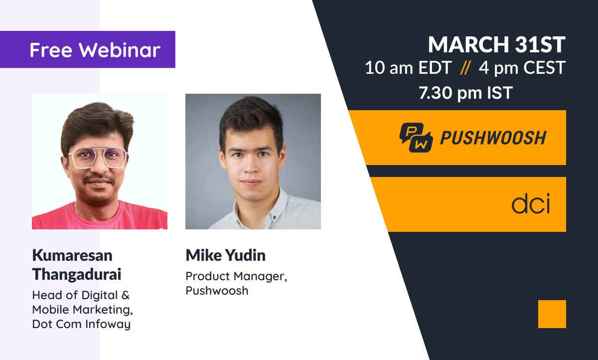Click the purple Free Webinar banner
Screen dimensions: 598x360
88,49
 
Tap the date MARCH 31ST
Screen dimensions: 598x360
497,44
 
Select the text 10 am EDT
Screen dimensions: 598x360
408,68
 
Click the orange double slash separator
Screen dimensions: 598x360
465,68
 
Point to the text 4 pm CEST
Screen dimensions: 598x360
522,68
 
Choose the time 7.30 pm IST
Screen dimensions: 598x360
465,93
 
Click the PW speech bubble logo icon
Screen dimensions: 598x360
416,137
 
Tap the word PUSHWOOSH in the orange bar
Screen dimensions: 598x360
493,138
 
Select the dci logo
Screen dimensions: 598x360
531,203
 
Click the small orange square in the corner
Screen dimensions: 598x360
552,314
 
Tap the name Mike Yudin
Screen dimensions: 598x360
226,255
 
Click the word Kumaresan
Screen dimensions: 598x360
72,255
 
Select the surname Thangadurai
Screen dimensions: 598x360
77,275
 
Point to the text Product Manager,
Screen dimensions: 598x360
236,276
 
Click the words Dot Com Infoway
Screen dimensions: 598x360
81,324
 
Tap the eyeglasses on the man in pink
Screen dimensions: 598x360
97,158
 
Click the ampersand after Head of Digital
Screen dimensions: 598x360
125,295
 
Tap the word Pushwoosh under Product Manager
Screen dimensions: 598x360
217,291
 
